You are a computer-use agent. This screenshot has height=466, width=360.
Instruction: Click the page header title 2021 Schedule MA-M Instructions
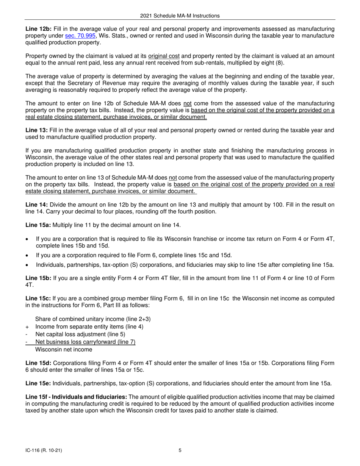click(180, 16)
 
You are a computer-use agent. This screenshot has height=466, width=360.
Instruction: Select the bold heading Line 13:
click(36, 130)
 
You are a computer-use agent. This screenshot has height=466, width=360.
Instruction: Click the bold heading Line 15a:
click(38, 225)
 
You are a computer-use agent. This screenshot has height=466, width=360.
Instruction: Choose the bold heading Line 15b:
click(38, 278)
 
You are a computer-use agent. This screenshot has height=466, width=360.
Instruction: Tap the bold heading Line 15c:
click(38, 299)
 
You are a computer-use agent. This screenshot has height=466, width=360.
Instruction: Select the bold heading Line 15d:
click(38, 363)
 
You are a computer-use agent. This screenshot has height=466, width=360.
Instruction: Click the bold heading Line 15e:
click(38, 383)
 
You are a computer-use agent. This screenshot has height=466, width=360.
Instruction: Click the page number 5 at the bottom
click(180, 450)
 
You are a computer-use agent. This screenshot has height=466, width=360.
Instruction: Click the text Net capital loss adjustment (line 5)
click(80, 334)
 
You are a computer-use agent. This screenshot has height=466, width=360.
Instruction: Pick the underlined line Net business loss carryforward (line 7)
click(85, 342)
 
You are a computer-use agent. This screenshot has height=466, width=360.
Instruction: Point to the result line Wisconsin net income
click(63, 349)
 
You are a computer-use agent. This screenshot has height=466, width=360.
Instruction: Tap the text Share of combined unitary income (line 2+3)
click(93, 319)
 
